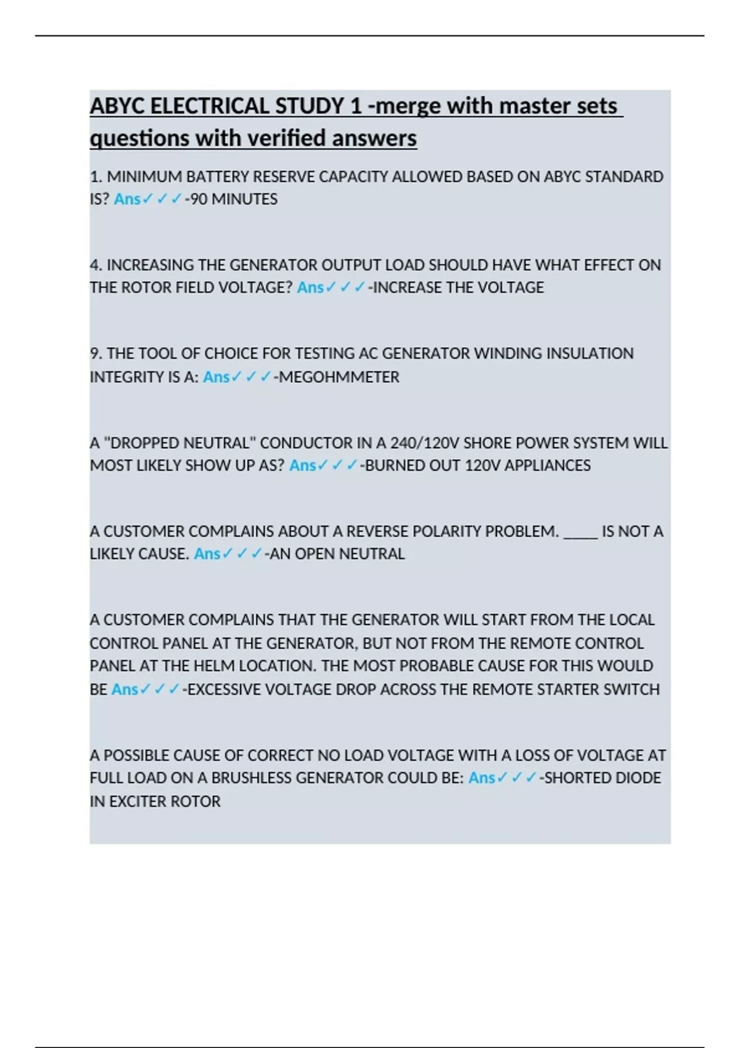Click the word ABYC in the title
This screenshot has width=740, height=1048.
click(x=118, y=106)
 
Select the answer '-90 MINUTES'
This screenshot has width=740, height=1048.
click(x=231, y=199)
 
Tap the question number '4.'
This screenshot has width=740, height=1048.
click(x=96, y=265)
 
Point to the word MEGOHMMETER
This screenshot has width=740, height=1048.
click(x=339, y=377)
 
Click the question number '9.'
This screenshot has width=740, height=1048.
click(x=96, y=354)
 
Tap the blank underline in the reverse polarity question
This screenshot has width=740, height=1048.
click(x=580, y=532)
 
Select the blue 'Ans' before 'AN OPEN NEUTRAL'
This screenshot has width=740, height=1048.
click(x=207, y=554)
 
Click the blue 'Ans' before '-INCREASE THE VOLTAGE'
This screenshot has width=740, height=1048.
click(x=310, y=288)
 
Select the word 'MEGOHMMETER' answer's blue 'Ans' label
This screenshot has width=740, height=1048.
click(x=216, y=377)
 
